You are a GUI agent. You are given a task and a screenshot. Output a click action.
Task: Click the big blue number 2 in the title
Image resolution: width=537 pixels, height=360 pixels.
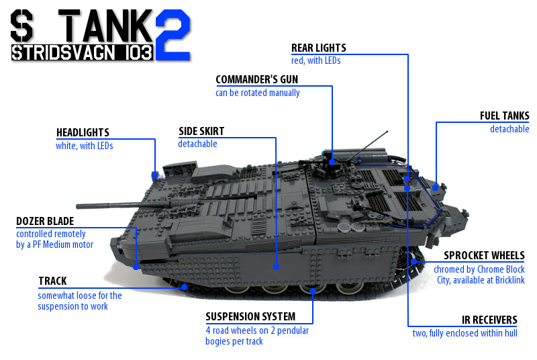click(x=173, y=35)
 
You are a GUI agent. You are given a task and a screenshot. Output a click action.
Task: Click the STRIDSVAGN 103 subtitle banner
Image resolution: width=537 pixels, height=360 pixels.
click(x=82, y=53)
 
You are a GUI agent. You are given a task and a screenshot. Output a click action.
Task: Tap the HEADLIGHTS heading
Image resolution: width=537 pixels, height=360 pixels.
click(x=83, y=132)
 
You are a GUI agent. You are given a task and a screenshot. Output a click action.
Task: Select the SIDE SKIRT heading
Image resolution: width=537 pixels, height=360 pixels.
click(x=201, y=131)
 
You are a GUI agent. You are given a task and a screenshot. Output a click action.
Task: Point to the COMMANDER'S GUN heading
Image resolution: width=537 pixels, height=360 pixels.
click(x=257, y=79)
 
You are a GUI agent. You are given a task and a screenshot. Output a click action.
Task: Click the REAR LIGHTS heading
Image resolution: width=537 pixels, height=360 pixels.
click(x=318, y=48)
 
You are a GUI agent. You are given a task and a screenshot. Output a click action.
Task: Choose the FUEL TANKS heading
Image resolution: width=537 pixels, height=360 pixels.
click(x=505, y=116)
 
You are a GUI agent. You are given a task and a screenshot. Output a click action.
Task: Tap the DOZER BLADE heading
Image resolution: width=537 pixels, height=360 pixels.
click(x=45, y=221)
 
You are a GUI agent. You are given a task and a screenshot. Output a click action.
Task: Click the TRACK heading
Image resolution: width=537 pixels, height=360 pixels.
click(x=52, y=281)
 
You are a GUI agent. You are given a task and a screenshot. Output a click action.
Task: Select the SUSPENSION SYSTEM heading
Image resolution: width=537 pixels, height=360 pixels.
click(x=250, y=316)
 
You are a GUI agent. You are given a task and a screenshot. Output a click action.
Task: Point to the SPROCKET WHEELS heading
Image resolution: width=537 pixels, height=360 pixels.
click(x=484, y=255)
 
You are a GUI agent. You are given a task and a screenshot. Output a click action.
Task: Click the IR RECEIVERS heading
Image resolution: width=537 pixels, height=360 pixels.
click(x=489, y=320)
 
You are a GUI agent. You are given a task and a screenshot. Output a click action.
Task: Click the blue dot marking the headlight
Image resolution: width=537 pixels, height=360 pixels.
click(x=155, y=175)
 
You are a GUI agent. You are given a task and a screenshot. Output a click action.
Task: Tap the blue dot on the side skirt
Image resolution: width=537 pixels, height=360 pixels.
click(x=276, y=267)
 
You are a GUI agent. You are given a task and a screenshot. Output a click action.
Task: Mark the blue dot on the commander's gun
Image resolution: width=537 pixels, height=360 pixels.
click(x=332, y=162)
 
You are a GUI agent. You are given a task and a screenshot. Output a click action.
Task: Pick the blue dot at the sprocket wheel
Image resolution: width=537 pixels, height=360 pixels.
click(x=413, y=262)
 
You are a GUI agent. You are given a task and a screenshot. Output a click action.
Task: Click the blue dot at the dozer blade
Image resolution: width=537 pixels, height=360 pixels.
click(x=136, y=267)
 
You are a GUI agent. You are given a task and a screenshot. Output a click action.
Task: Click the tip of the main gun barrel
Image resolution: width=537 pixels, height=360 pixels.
click(x=77, y=206)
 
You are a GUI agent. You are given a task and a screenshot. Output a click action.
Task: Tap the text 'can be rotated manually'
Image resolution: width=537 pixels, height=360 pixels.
click(x=258, y=93)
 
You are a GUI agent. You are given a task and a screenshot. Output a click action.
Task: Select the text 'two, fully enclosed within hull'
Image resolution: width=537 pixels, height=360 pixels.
click(x=465, y=333)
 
